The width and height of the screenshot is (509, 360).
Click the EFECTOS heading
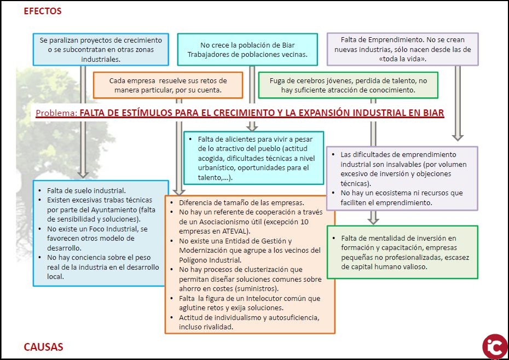point(43,11)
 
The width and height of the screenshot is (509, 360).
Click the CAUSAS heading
point(43,347)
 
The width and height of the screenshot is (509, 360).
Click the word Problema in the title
point(55,113)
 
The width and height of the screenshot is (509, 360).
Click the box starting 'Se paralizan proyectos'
point(101,49)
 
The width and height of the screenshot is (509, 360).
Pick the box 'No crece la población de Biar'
point(247,49)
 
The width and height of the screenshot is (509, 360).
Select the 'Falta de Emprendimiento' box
point(402,49)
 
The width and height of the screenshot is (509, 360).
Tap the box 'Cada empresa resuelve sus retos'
point(167,85)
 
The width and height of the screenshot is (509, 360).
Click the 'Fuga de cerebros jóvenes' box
point(348,85)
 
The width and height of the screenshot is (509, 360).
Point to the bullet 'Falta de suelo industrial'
point(86,190)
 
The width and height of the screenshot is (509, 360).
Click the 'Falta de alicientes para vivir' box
point(253,158)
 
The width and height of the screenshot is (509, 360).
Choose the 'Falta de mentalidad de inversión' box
point(402,252)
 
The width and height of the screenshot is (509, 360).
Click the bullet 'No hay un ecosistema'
point(401,198)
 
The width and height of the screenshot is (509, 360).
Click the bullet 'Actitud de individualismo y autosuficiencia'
point(248,322)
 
